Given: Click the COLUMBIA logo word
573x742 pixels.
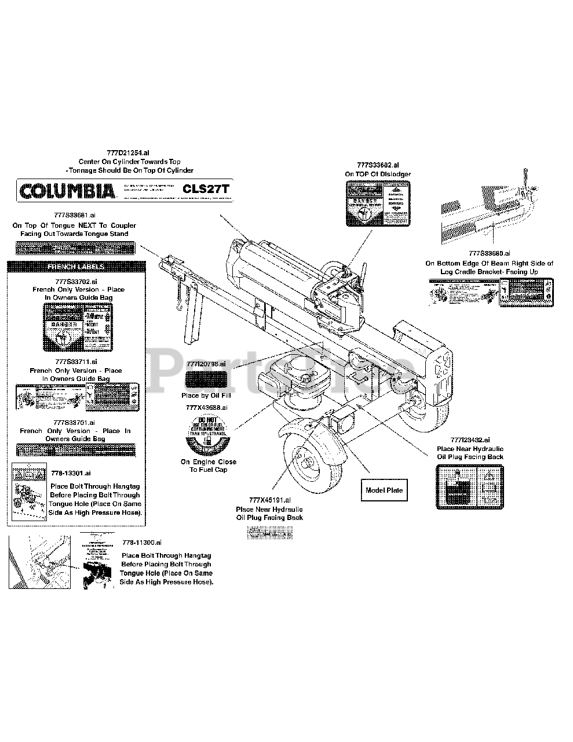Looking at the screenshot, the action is click(x=67, y=190).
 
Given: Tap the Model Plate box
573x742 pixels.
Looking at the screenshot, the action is click(x=384, y=490).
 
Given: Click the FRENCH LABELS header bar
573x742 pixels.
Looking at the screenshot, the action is click(x=76, y=267).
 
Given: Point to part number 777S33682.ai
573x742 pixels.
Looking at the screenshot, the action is click(x=378, y=165).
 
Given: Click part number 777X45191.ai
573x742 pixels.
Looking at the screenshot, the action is click(x=269, y=500).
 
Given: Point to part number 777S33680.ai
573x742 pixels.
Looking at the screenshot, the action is click(x=489, y=253).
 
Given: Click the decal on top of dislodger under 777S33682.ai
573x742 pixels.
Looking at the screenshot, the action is click(x=378, y=203).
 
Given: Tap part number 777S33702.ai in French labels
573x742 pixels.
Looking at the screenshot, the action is click(x=78, y=281).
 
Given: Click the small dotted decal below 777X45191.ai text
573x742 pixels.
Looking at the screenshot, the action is click(x=269, y=532).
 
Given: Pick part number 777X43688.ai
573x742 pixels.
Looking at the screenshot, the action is click(x=207, y=408).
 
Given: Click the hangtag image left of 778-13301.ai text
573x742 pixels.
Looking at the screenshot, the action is click(x=28, y=490).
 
